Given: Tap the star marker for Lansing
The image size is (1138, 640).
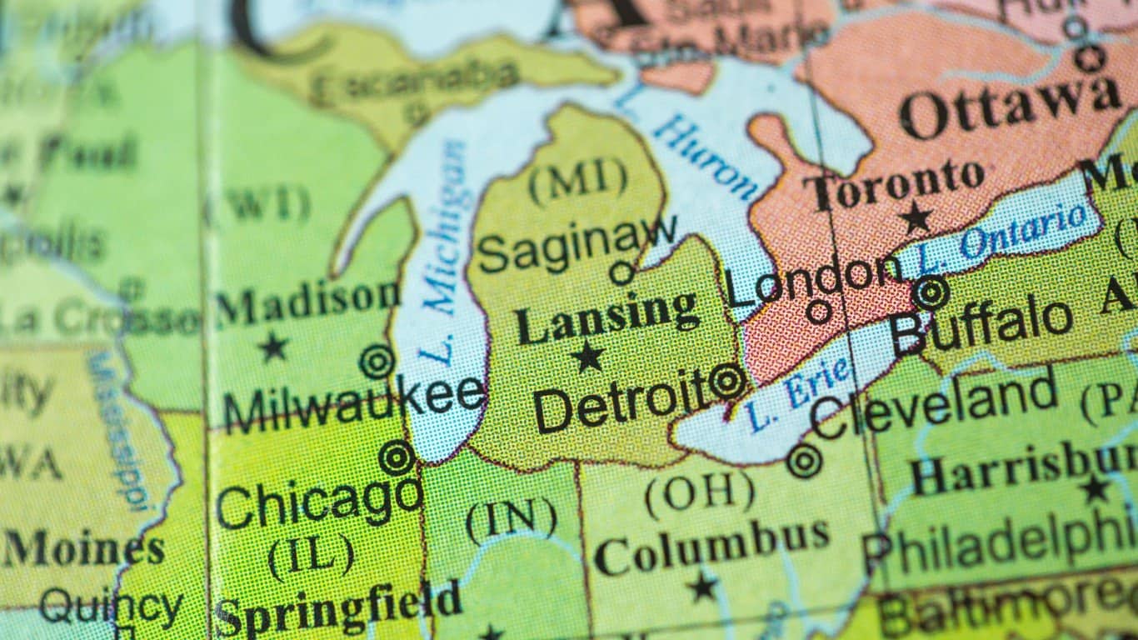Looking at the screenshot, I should click(x=589, y=357).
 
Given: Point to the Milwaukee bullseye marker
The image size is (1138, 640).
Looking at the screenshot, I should click(x=377, y=362).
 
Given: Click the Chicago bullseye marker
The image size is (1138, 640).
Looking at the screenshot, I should click(x=397, y=458).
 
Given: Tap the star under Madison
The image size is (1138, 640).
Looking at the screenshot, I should click(x=272, y=347).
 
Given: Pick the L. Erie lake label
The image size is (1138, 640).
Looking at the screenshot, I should click(x=799, y=393).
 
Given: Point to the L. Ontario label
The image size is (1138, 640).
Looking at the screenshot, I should click(x=1004, y=236).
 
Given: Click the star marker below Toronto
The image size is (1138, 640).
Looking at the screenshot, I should click(x=916, y=217).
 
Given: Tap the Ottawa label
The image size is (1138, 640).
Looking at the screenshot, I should click(x=1009, y=107).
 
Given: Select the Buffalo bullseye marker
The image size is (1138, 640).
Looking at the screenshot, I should click(x=930, y=292).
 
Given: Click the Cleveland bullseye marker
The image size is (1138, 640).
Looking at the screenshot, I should click(x=804, y=461).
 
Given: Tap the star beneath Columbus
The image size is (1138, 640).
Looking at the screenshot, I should click(x=703, y=586).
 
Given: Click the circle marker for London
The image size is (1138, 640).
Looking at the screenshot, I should click(x=819, y=311).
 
